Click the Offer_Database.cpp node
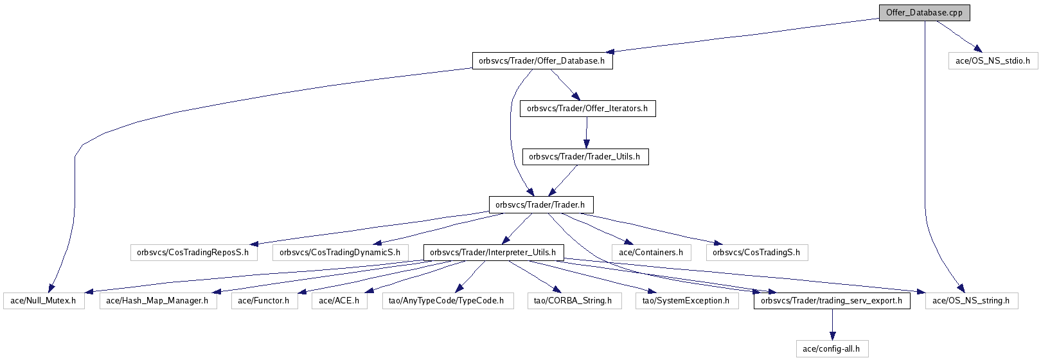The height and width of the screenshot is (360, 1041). point(923,13)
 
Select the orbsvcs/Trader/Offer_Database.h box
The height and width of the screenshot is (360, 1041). point(542,61)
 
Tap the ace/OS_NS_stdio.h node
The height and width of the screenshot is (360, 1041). point(992,61)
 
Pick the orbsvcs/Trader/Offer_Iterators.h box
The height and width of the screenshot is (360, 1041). point(587,109)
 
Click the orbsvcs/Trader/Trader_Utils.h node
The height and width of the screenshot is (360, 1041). point(585,157)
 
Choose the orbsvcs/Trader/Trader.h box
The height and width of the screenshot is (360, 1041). point(540,205)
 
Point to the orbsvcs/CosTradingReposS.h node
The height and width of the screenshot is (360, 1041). point(193,253)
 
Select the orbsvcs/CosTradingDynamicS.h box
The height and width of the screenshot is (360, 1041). point(340,253)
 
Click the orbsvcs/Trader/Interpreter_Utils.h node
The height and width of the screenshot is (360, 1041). point(493,253)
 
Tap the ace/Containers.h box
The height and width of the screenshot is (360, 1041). point(650,253)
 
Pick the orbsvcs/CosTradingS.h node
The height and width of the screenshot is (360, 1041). point(756,253)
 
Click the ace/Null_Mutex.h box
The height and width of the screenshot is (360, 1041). point(44,300)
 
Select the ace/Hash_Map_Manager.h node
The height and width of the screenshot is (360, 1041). point(157,300)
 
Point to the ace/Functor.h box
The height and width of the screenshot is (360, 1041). point(264,300)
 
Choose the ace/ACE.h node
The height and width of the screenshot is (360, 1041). point(339,300)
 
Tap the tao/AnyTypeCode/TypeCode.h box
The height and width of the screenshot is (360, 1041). point(447,300)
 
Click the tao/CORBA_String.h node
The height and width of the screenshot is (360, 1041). point(573,300)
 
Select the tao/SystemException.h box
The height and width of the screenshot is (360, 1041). point(686,300)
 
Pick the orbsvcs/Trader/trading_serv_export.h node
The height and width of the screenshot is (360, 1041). point(832,300)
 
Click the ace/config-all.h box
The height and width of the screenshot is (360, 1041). point(832,349)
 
